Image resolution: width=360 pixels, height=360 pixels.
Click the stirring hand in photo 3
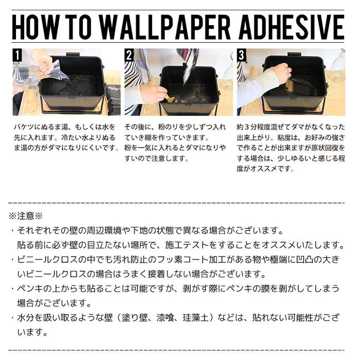click(x=280, y=72)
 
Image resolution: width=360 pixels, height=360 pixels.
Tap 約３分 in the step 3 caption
click(x=249, y=127)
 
